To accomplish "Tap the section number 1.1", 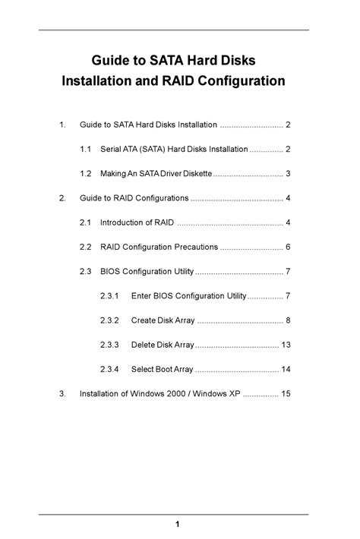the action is pos(86,149).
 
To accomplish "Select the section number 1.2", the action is pos(86,174).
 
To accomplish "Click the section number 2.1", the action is pos(86,222).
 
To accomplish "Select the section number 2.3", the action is pos(86,272).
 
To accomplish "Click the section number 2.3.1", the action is pos(109,295).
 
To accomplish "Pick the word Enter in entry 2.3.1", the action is pos(142,295).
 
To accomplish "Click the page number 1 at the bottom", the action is pos(177,525).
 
